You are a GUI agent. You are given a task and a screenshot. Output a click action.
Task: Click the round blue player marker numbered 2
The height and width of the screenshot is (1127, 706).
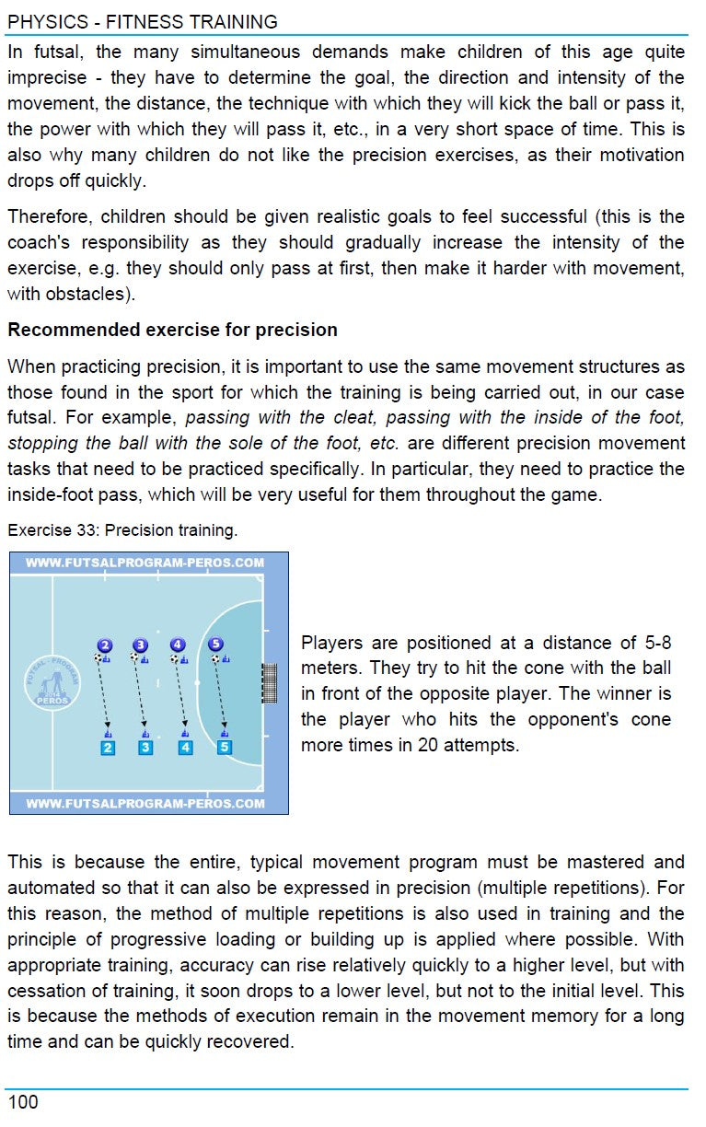pyautogui.click(x=105, y=645)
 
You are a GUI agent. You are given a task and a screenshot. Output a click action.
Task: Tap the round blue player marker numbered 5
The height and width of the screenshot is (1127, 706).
pyautogui.click(x=215, y=645)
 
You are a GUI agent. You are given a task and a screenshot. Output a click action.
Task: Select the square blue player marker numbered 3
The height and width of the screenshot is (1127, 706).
pyautogui.click(x=145, y=748)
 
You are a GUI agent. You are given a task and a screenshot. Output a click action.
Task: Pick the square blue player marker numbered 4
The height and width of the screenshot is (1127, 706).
pyautogui.click(x=185, y=748)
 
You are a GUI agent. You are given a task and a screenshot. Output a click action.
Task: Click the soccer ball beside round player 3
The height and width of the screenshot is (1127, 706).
pyautogui.click(x=134, y=658)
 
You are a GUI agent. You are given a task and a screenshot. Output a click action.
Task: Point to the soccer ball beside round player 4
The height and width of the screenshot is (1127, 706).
pyautogui.click(x=173, y=658)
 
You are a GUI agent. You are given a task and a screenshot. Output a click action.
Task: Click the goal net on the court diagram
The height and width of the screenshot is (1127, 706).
pyautogui.click(x=270, y=683)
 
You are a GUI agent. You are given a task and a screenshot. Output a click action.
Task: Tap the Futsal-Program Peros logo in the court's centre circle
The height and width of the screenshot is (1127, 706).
pyautogui.click(x=52, y=683)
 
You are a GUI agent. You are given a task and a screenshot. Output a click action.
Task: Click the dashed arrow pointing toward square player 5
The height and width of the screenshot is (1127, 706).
pyautogui.click(x=220, y=695)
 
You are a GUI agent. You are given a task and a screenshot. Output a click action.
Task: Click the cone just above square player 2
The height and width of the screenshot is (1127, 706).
pyautogui.click(x=108, y=734)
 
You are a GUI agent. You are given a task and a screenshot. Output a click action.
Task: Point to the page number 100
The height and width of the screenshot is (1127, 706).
pyautogui.click(x=23, y=1102)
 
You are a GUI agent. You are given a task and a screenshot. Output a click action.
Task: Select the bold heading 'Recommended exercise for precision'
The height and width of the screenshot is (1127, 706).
pyautogui.click(x=172, y=330)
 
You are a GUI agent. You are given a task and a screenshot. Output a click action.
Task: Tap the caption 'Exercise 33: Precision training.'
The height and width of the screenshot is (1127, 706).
pyautogui.click(x=122, y=530)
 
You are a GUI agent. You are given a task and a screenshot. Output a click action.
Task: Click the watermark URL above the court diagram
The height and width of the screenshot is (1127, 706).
pyautogui.click(x=145, y=562)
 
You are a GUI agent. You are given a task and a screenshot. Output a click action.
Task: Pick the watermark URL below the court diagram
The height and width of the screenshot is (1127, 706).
pyautogui.click(x=145, y=804)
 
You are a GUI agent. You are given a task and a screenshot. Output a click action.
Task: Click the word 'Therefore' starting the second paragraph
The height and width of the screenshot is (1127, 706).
pyautogui.click(x=49, y=217)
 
